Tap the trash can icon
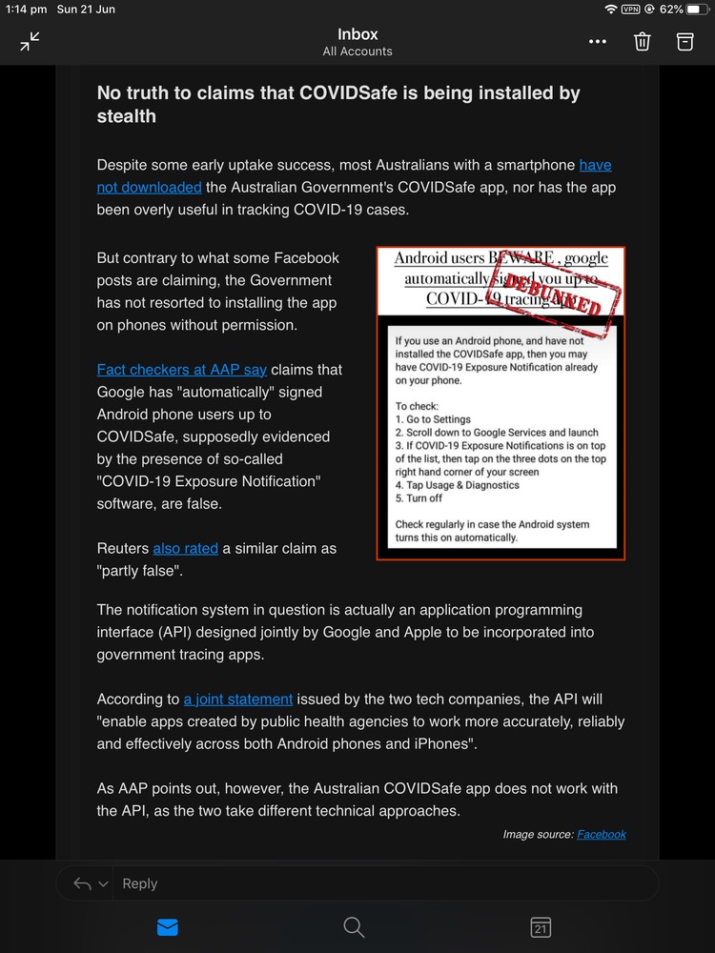coord(643,41)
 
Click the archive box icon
coord(684,41)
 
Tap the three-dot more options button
coord(598,42)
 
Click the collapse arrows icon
coord(31,41)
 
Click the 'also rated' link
coord(185,549)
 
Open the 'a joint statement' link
coord(238,699)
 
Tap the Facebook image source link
coord(602,835)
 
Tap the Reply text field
coord(381,883)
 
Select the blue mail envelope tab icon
coord(167,926)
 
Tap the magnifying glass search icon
coord(354,926)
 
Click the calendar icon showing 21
coord(540,926)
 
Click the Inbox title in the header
coord(357,34)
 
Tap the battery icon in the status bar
coord(697,9)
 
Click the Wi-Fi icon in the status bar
coord(610,9)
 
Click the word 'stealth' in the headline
coord(127,116)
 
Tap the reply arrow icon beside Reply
coord(82,884)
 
